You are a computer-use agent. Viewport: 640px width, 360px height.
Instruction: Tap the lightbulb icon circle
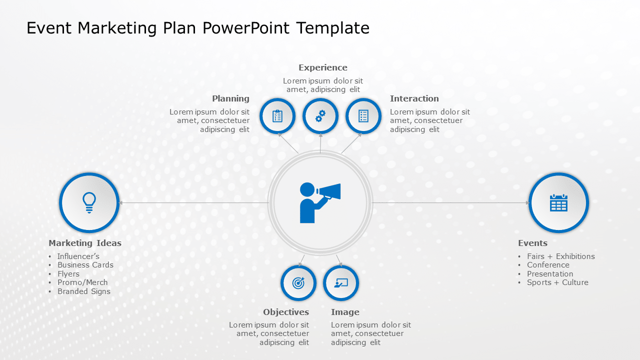coord(89,202)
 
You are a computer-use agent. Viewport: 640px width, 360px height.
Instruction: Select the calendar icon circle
coord(558,202)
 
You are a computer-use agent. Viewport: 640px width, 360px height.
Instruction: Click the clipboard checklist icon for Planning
coord(277,116)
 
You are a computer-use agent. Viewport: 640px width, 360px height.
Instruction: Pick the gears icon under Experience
coord(320,116)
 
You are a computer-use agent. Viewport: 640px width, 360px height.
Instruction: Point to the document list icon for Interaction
coord(363,116)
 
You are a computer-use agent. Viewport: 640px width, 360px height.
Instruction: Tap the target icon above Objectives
coord(298,283)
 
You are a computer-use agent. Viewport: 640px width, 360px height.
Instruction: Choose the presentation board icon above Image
coord(341,283)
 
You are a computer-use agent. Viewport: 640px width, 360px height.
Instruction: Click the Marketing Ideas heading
coord(85,243)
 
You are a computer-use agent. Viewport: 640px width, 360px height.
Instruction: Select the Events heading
coord(532,243)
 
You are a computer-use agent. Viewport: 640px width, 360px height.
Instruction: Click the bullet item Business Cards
coord(85,265)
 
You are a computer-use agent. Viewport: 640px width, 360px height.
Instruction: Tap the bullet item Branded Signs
coord(83,291)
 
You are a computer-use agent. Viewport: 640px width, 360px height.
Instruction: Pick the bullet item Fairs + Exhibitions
coord(560,256)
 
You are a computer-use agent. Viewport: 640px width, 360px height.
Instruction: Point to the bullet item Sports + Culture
coord(557,282)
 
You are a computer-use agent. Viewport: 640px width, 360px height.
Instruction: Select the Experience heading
coord(322,67)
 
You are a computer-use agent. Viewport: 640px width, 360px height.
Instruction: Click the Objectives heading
coord(286,312)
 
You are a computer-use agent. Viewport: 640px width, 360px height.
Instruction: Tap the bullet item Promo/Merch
coord(82,282)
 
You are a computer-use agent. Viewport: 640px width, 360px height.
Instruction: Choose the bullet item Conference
coord(548,265)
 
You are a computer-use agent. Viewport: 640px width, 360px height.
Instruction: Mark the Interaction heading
coord(414,98)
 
